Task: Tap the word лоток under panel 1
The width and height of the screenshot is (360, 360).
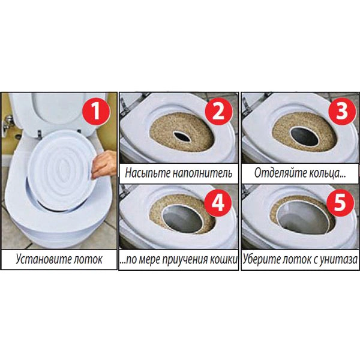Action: [x=85, y=260]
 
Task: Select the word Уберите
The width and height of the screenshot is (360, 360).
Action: [x=262, y=260]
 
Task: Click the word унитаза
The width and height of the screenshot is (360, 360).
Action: [x=336, y=260]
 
